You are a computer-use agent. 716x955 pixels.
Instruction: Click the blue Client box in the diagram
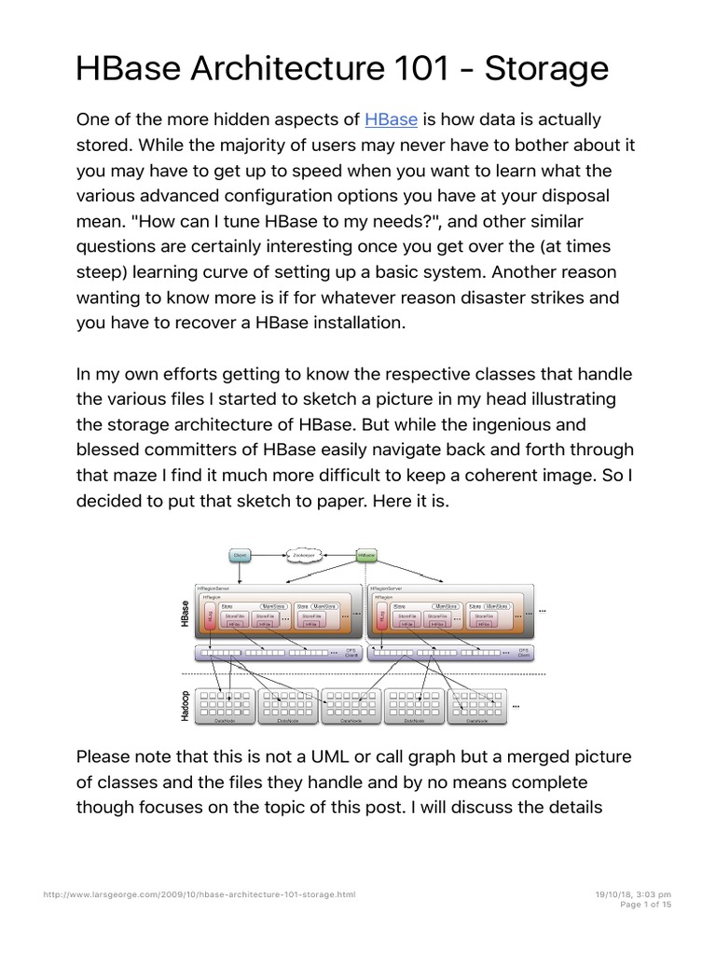(241, 556)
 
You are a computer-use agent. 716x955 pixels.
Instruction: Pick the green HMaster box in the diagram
(367, 556)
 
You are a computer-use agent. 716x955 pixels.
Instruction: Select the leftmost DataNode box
(225, 707)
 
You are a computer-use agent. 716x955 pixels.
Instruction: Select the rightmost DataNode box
(476, 707)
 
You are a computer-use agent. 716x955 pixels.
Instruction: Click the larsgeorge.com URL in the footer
(200, 893)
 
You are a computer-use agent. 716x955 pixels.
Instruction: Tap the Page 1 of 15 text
(645, 904)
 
